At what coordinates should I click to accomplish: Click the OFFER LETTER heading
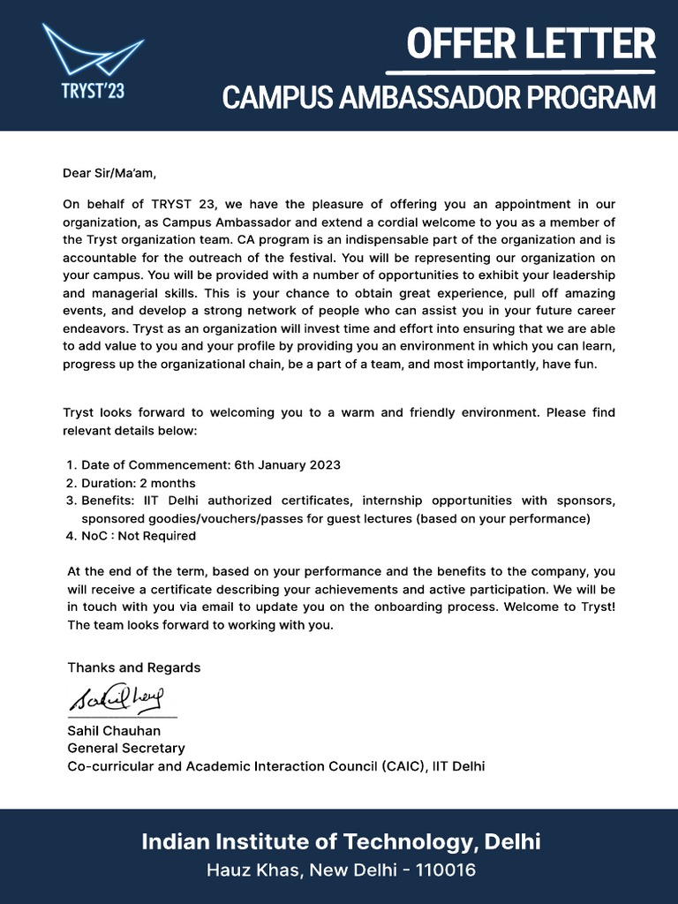pyautogui.click(x=531, y=42)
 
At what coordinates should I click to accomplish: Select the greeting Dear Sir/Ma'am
pyautogui.click(x=109, y=173)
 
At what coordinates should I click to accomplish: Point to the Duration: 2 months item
pyautogui.click(x=138, y=483)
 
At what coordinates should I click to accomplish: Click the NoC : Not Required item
pyautogui.click(x=138, y=536)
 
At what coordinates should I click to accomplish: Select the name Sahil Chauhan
pyautogui.click(x=114, y=731)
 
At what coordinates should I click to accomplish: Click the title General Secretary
pyautogui.click(x=126, y=749)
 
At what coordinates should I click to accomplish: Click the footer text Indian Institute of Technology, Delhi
pyautogui.click(x=341, y=841)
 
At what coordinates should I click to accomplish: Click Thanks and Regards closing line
pyautogui.click(x=134, y=667)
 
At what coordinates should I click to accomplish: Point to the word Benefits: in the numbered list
pyautogui.click(x=108, y=501)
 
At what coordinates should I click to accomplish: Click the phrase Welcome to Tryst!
pyautogui.click(x=561, y=607)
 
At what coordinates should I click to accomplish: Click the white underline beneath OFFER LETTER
pyautogui.click(x=521, y=70)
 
